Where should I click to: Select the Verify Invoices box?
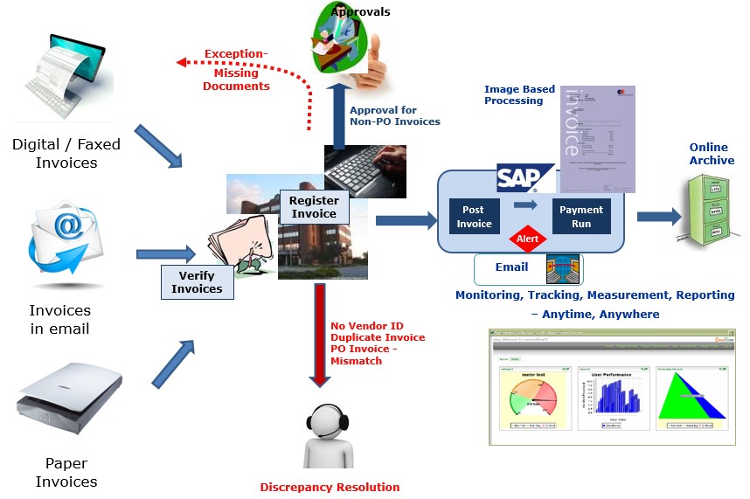point(197,281)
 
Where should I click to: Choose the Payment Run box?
point(581,217)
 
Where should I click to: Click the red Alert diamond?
point(527,237)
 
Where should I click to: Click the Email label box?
point(511,269)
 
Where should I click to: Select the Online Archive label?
point(708,154)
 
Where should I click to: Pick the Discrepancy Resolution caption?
point(330,488)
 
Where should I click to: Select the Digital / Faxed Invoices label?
point(66,153)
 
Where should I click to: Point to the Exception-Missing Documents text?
point(236,70)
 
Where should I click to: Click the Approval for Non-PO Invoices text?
point(394,115)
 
